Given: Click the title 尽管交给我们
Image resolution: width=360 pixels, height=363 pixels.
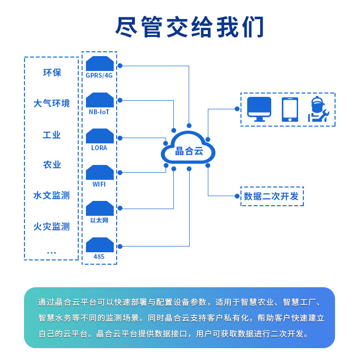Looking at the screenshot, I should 190,27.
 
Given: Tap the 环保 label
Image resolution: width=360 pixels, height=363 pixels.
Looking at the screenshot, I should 52,73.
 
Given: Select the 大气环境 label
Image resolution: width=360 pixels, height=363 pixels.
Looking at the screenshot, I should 52,103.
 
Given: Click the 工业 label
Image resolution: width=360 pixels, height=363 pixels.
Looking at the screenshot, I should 52,135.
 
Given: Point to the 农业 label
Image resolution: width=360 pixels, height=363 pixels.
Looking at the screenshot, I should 52,165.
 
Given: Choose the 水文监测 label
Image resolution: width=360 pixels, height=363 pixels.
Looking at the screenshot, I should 52,196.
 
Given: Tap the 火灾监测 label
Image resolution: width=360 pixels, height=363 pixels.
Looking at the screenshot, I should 52,226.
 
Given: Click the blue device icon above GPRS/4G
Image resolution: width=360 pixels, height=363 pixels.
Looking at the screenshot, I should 100,64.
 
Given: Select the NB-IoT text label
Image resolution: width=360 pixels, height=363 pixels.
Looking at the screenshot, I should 99,112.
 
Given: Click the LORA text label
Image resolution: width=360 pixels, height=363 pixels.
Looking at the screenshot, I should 99,148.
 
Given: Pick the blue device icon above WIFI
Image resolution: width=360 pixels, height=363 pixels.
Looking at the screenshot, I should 100,173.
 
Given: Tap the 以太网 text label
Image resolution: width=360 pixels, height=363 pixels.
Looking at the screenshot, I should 99,221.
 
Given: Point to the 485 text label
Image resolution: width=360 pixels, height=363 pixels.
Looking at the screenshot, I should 99,257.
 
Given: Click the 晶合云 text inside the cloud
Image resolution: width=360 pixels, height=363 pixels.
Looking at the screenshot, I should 189,152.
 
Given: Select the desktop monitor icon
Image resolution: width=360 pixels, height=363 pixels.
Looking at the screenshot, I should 259,109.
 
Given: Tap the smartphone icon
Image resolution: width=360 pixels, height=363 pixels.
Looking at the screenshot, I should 289,109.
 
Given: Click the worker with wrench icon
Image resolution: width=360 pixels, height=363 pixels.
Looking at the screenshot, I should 318,109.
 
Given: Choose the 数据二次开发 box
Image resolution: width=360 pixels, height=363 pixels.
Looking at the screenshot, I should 272,196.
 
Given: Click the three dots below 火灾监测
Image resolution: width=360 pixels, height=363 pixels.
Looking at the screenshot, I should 52,252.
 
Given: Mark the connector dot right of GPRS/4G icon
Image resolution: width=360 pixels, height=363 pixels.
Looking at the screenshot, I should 120,65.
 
